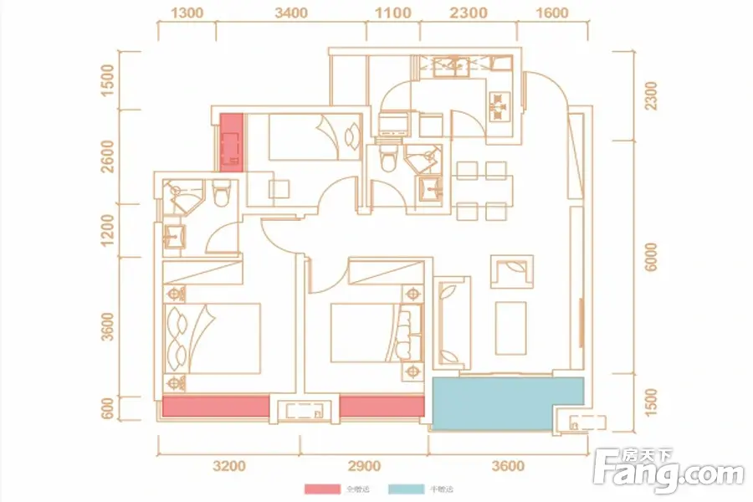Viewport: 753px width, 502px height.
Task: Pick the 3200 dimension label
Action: [228, 466]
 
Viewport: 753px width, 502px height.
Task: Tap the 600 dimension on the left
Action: [106, 410]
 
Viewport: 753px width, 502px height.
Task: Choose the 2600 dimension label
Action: [106, 156]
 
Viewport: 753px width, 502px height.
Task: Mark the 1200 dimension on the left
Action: [106, 230]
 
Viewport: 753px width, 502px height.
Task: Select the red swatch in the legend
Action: [319, 489]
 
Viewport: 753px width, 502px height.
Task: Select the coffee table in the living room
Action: [511, 327]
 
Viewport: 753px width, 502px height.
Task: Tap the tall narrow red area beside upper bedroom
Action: [231, 143]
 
